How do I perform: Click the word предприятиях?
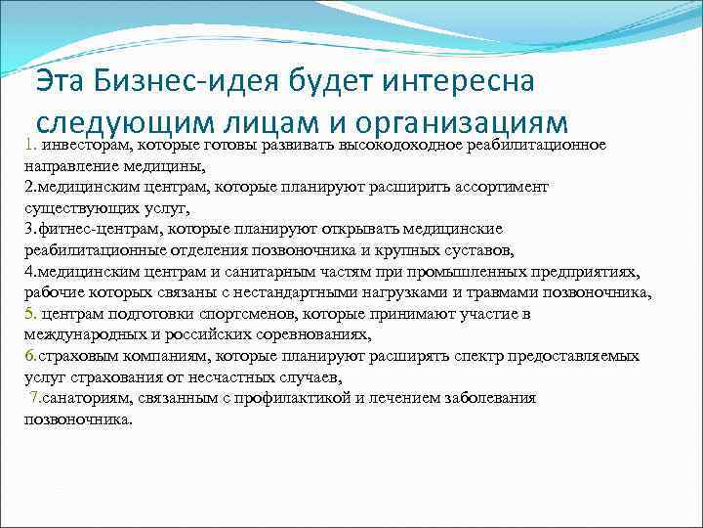tap(587, 271)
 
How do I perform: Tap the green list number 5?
tap(29, 313)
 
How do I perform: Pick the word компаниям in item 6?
tap(152, 356)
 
